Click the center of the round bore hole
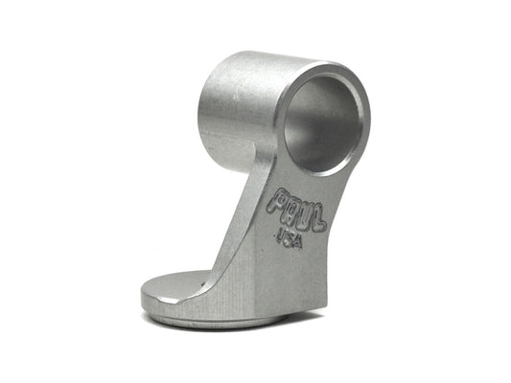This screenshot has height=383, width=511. click(x=323, y=124)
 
